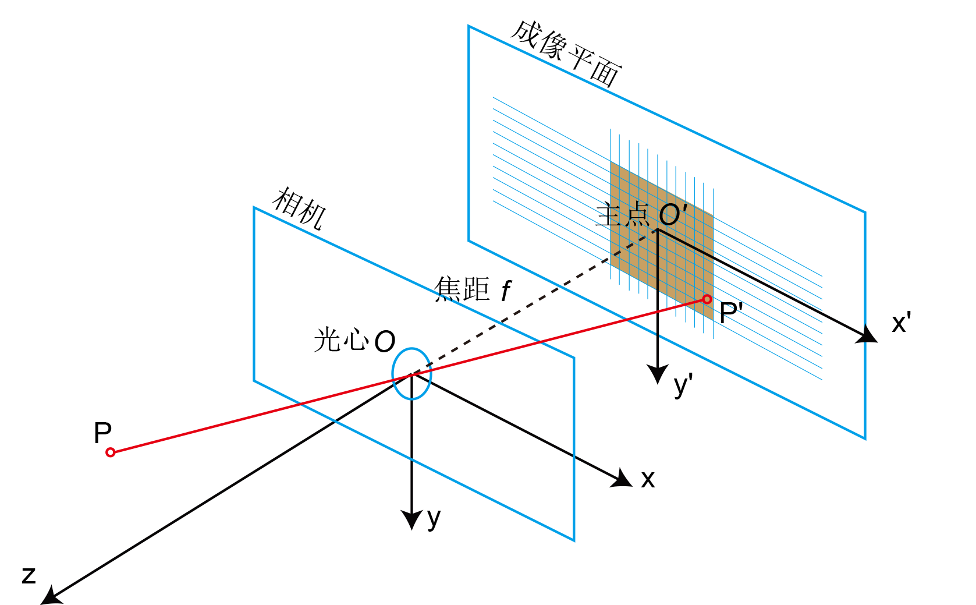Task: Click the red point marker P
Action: click(x=111, y=452)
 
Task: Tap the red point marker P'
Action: click(x=707, y=299)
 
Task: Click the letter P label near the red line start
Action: click(x=102, y=433)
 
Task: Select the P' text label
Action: click(x=731, y=313)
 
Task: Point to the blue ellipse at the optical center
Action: click(x=411, y=374)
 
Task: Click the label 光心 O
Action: click(x=354, y=341)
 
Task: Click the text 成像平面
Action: click(x=566, y=54)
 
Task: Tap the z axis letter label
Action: click(x=29, y=575)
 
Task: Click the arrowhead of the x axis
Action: click(x=623, y=479)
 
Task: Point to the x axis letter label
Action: click(x=648, y=480)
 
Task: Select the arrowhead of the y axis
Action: click(x=412, y=519)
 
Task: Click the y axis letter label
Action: click(x=434, y=518)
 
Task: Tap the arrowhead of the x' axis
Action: click(x=868, y=335)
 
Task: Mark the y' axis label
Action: click(x=683, y=385)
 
